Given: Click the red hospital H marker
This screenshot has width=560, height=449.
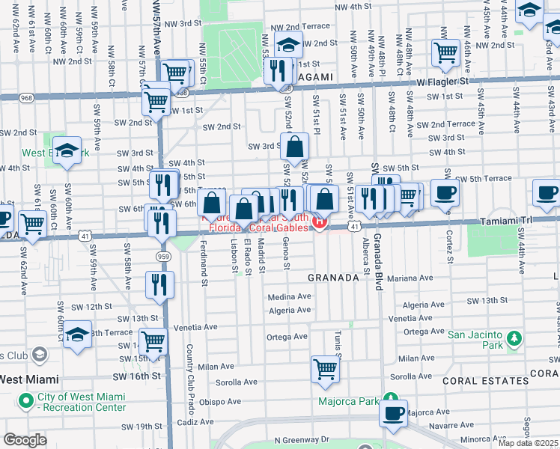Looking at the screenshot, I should [x=320, y=222].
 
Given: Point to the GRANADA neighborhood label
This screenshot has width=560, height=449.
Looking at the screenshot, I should [x=335, y=278].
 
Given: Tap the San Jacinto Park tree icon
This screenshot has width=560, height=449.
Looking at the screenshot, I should [x=513, y=339].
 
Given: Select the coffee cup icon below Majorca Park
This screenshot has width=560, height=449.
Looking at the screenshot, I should [x=394, y=413].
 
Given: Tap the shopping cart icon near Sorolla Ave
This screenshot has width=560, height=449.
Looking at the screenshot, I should [x=326, y=368].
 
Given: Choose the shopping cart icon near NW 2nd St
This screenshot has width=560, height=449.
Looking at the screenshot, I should [x=445, y=52].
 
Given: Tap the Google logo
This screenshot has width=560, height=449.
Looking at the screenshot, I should [x=25, y=439].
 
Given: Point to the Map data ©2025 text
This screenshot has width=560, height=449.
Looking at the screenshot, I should [x=528, y=443].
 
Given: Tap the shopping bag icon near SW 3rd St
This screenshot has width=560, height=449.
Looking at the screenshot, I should [x=296, y=147].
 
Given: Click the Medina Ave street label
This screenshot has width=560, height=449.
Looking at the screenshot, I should [x=290, y=297].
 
